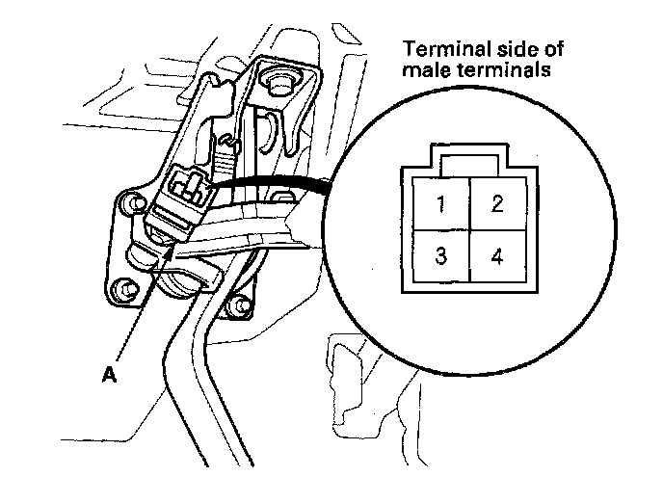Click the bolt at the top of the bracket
coord(279,81)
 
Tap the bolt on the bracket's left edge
coord(125,204)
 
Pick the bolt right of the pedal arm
coord(233,306)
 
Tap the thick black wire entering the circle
coord(279,180)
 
